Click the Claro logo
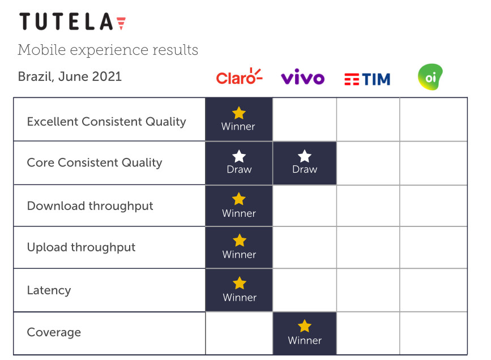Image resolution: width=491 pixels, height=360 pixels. [239, 76]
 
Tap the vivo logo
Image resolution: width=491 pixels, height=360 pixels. [303, 77]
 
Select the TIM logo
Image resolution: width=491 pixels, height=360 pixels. [368, 79]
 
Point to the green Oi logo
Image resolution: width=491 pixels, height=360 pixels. [430, 77]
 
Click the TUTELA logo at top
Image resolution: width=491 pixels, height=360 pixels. [72, 22]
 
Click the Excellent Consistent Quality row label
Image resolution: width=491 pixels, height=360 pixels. [106, 122]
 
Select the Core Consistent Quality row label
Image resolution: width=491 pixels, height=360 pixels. [95, 162]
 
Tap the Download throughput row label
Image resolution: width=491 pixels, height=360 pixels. [90, 206]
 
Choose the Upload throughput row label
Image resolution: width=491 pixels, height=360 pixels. [82, 247]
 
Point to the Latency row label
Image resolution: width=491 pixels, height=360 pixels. [49, 290]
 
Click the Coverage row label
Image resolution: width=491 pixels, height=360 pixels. [54, 332]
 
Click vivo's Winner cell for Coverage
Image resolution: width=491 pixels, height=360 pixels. [305, 333]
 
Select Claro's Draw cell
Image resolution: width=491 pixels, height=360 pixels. [239, 163]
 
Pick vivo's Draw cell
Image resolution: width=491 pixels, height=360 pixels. [305, 163]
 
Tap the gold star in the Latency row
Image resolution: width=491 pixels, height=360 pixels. [240, 283]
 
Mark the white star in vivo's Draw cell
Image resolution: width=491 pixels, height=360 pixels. [304, 156]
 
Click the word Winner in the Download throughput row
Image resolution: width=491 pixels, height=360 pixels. [239, 213]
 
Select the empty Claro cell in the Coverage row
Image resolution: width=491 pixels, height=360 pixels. [239, 333]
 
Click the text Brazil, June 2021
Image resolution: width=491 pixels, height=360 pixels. [70, 76]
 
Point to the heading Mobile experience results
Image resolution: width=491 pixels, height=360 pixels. [108, 50]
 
